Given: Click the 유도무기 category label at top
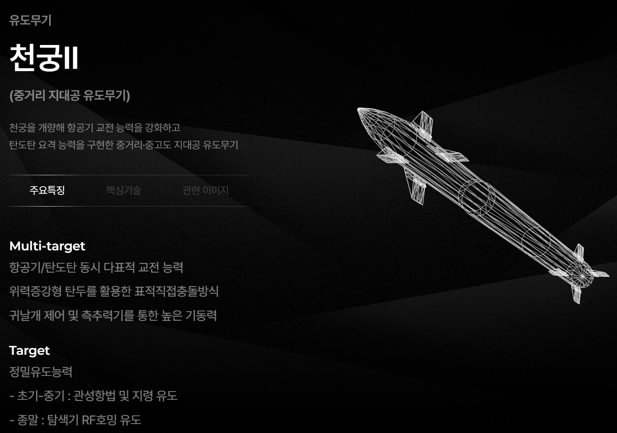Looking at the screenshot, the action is pos(30,20).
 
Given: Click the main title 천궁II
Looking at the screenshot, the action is pos(44,57).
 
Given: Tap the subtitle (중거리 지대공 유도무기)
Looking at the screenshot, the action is pos(70,95).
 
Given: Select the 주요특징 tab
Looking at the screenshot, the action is pos(47,190).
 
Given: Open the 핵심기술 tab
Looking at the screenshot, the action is pos(124,190).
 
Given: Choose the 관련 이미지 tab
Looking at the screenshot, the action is pos(205,190).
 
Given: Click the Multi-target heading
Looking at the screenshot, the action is pos(47,246).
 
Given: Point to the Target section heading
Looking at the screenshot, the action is pos(29,350).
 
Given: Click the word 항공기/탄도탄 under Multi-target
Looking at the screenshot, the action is pos(43,268).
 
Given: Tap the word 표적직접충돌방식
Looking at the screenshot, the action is pos(176,291).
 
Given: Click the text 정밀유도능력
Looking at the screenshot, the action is pos(41,372).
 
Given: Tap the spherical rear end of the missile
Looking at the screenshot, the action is pos(581,275).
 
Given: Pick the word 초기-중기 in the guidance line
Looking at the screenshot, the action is pos(41,396).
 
